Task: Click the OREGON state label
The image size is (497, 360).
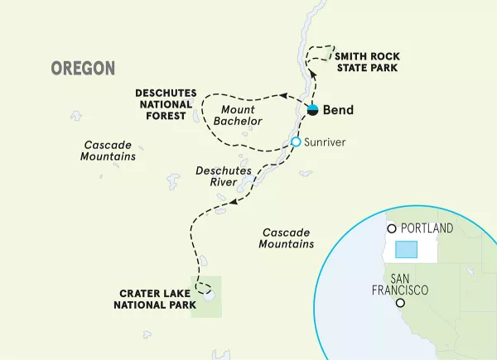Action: pos(83,68)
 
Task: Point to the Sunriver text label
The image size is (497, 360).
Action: pos(326,142)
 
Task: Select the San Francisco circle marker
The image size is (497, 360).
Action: pos(401,304)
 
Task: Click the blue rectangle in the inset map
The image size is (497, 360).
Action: pos(406,250)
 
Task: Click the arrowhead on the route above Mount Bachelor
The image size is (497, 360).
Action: pos(282,96)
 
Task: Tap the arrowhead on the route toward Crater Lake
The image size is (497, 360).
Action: pos(235,202)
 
